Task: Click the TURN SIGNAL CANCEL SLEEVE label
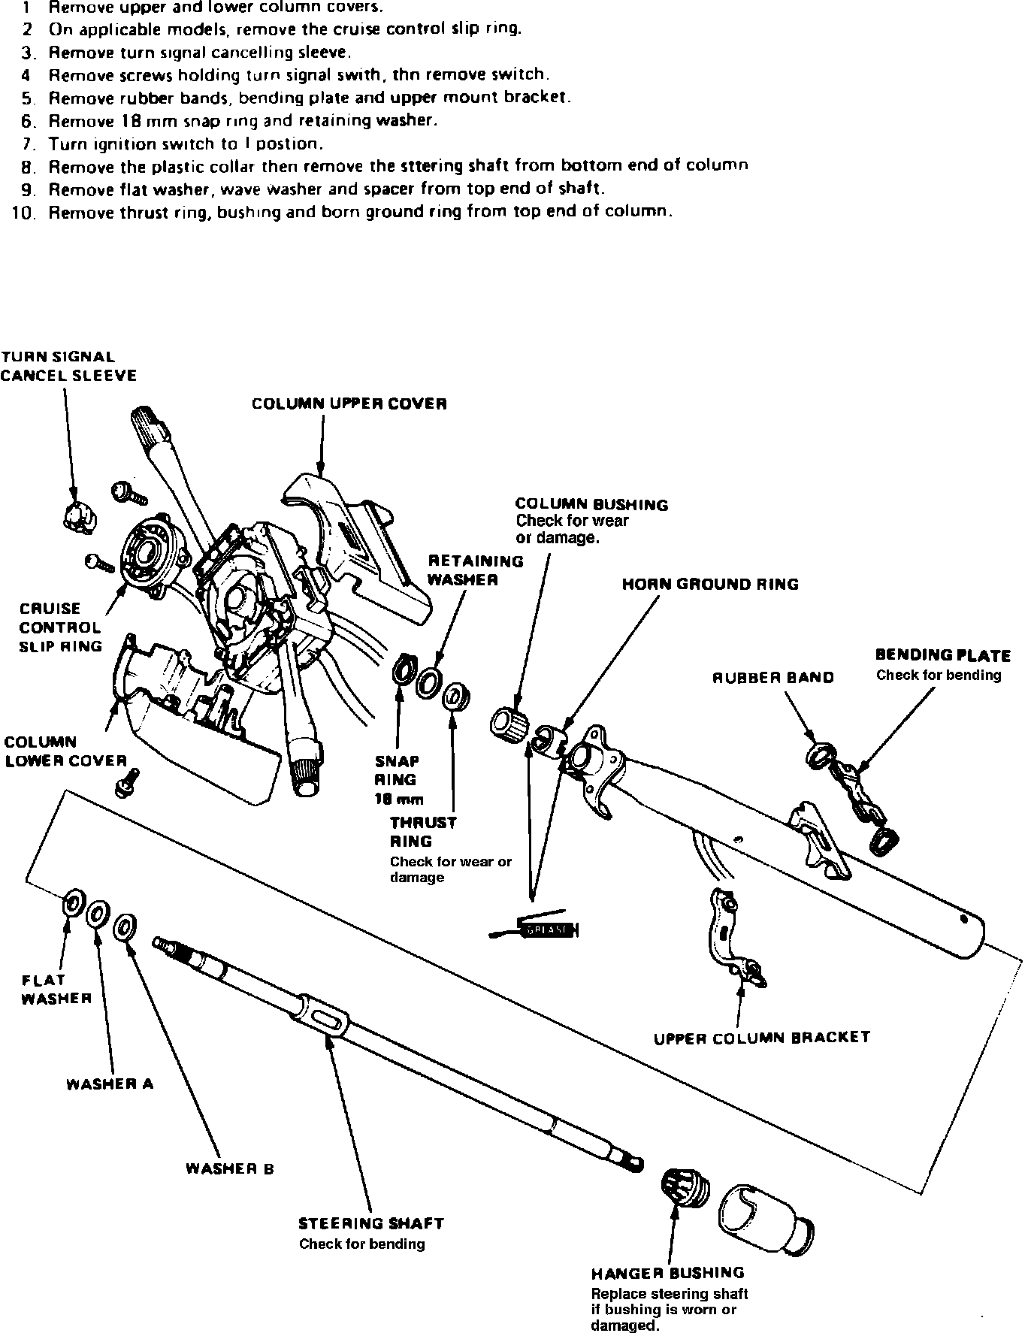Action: click(x=68, y=366)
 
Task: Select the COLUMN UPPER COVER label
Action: click(x=349, y=404)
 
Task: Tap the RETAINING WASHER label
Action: click(x=476, y=570)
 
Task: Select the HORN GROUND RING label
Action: click(x=710, y=585)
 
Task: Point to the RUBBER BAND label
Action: click(x=773, y=678)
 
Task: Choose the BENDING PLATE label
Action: click(x=943, y=655)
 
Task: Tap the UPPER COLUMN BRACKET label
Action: click(x=762, y=1038)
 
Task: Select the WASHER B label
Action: click(x=230, y=1169)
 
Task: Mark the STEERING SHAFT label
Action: click(x=371, y=1223)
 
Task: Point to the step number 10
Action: click(x=24, y=213)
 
